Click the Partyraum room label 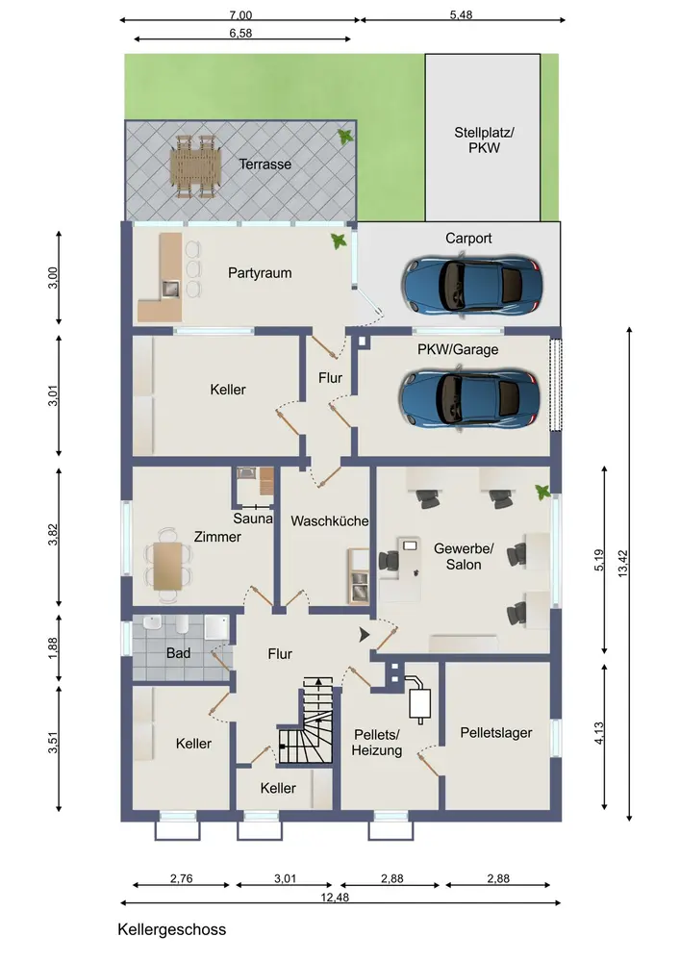[x=260, y=273]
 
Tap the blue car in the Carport [x=471, y=287]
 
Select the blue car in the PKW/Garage [x=469, y=398]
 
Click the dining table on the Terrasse [x=195, y=166]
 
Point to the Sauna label [x=253, y=519]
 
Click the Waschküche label [x=329, y=520]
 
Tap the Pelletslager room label [x=496, y=732]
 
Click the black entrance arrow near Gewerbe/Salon [x=365, y=635]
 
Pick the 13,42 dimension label [x=623, y=563]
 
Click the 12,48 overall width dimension [x=335, y=897]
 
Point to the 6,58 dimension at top [x=240, y=33]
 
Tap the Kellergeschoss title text [x=172, y=929]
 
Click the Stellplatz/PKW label [x=484, y=139]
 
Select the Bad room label [x=179, y=653]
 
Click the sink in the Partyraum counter [x=170, y=289]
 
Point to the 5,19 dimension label [x=599, y=560]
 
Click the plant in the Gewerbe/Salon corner [x=542, y=492]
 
